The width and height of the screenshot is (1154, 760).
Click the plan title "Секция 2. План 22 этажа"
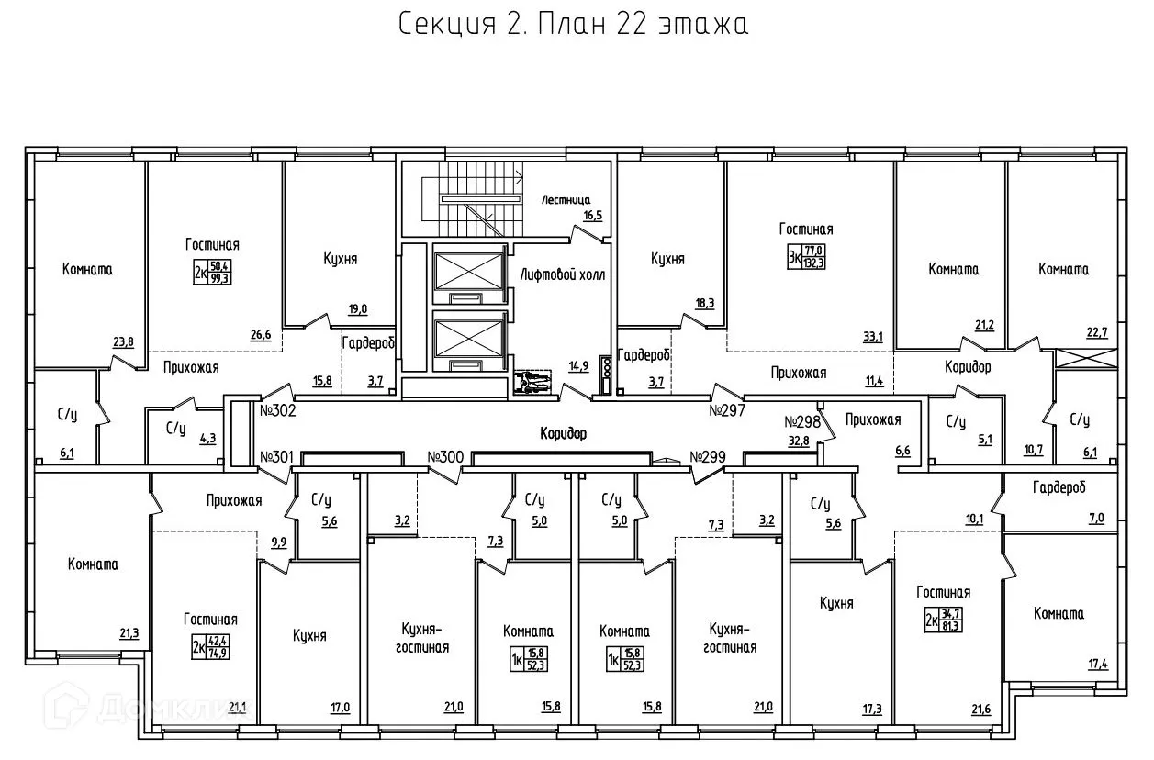pos(574,25)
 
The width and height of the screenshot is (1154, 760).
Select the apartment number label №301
pos(277,456)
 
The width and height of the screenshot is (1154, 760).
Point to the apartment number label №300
pos(446,456)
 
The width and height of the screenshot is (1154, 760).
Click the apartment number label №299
pos(708,456)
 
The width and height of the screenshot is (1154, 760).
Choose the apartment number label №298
pos(801,422)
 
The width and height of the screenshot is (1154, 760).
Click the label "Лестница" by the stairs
pos(566,199)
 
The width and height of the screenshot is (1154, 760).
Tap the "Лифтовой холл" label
pos(563,274)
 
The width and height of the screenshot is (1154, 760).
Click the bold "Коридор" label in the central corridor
pos(563,434)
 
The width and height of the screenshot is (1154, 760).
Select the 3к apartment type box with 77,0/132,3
pos(804,256)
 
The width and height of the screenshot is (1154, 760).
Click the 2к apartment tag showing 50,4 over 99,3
pos(211,272)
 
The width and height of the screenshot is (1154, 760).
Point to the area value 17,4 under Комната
pos(1097,663)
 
